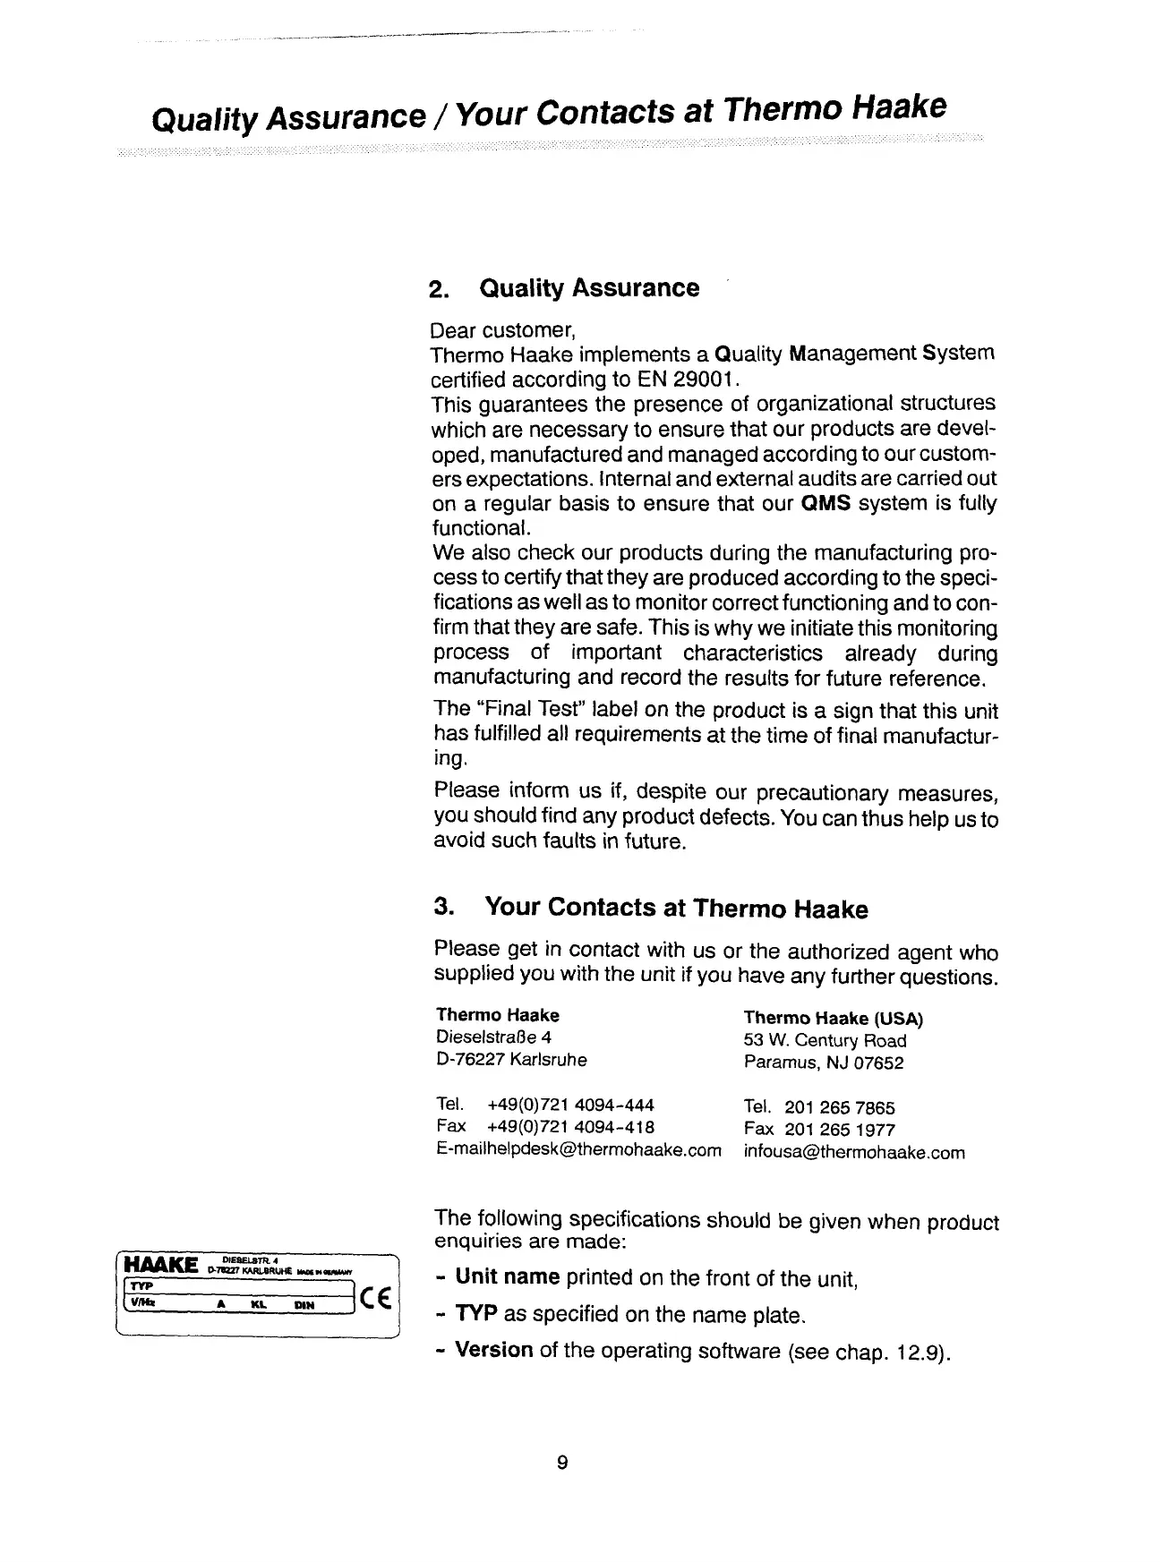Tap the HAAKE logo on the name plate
pos(161,1265)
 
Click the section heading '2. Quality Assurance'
pos(564,288)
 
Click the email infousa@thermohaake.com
pos(854,1153)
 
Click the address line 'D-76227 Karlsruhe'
pos(511,1060)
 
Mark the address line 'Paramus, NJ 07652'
pos(824,1063)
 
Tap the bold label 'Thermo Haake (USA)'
pos(833,1019)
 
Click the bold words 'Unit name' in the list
pos(508,1276)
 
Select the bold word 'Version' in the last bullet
pos(494,1349)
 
